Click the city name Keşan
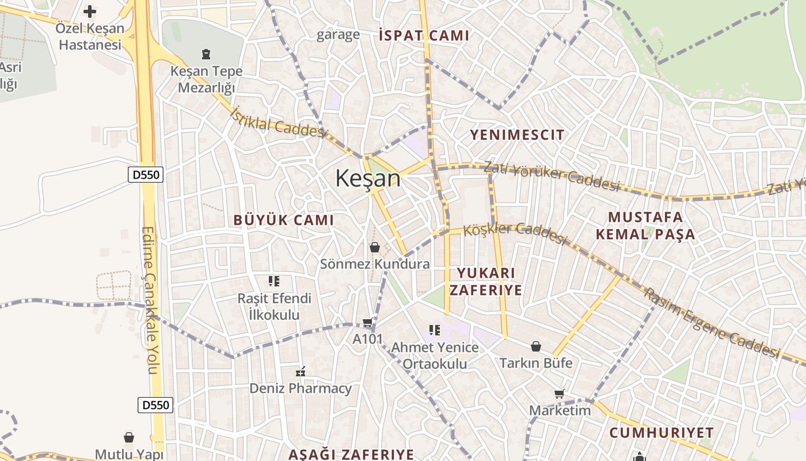click(x=368, y=178)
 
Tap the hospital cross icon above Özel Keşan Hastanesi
click(x=90, y=12)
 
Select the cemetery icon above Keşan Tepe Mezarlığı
click(x=206, y=55)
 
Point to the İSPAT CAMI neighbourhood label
click(x=424, y=36)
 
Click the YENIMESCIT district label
click(x=517, y=135)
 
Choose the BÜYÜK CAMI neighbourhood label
click(x=283, y=220)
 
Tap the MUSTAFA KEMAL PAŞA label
click(x=645, y=226)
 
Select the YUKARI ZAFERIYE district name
click(x=485, y=281)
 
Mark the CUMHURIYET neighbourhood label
click(x=661, y=433)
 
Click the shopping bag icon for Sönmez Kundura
click(x=375, y=247)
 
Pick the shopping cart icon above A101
click(x=367, y=323)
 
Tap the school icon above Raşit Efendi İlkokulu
click(x=274, y=281)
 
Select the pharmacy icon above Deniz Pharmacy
click(x=300, y=372)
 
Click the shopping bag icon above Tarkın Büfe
click(x=536, y=346)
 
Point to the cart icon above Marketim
click(x=559, y=394)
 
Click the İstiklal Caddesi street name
click(x=278, y=122)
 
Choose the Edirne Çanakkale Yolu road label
click(x=149, y=300)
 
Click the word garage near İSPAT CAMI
click(x=339, y=35)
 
